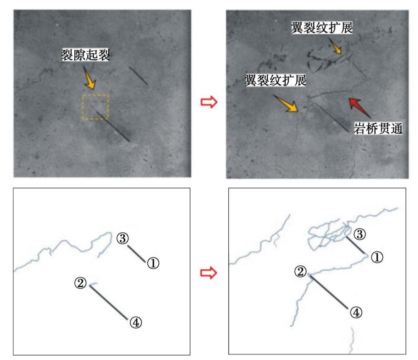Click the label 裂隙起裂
pos(85,55)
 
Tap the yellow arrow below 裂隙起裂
pos(89,78)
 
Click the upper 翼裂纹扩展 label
pos(322,28)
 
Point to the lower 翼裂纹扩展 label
pos(276,80)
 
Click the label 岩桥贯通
pos(378,128)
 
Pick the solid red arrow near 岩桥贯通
pos(360,107)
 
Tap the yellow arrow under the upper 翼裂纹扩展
pos(335,45)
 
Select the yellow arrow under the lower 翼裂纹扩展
pos(286,103)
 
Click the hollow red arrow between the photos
pos(209,102)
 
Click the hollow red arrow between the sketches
pos(209,272)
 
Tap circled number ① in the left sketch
pos(153,263)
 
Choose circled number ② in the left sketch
pos(80,283)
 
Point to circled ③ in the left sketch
pos(123,238)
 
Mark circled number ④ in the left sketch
pos(136,322)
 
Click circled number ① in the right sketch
pos(377,257)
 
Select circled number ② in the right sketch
pos(301,271)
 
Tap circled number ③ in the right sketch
pos(360,234)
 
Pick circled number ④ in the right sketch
pos(356,312)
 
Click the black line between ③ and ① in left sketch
pos(136,254)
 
